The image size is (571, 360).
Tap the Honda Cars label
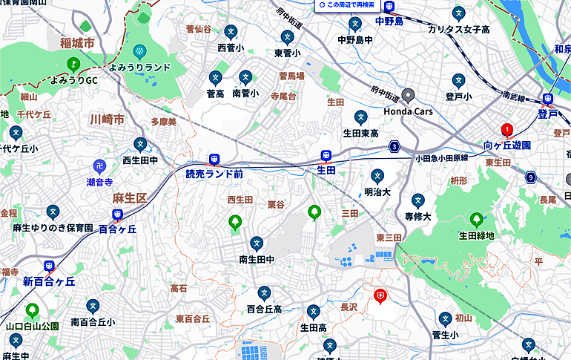pyautogui.click(x=408, y=111)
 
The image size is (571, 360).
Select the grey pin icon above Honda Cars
pyautogui.click(x=408, y=95)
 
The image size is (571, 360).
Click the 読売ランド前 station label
pyautogui.click(x=214, y=174)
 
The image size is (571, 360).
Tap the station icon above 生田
pyautogui.click(x=326, y=155)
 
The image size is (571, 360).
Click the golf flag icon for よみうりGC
pyautogui.click(x=73, y=65)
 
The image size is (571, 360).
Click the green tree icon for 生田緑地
pyautogui.click(x=476, y=220)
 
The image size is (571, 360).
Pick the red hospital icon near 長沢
pyautogui.click(x=380, y=296)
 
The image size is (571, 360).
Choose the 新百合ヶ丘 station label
pyautogui.click(x=49, y=281)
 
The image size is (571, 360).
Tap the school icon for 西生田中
pyautogui.click(x=140, y=144)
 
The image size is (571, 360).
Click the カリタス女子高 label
pyautogui.click(x=459, y=29)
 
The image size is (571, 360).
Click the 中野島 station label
pyautogui.click(x=389, y=22)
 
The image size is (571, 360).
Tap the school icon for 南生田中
pyautogui.click(x=257, y=243)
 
